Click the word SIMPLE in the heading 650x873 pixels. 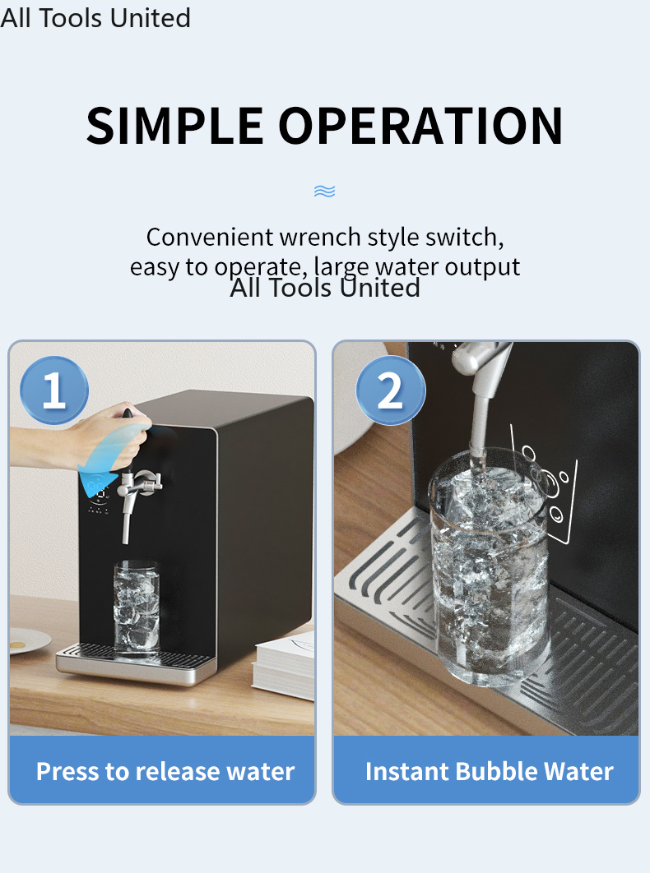click(x=174, y=126)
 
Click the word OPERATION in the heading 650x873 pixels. click(x=421, y=126)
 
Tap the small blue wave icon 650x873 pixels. click(x=324, y=192)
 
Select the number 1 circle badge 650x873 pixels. click(x=54, y=390)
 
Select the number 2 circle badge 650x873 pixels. click(x=390, y=390)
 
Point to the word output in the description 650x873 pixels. click(x=482, y=267)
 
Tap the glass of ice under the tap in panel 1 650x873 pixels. click(x=137, y=606)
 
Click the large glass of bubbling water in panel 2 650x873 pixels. click(x=489, y=565)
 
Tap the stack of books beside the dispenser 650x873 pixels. click(x=283, y=664)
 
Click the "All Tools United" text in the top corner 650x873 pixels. click(x=95, y=18)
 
